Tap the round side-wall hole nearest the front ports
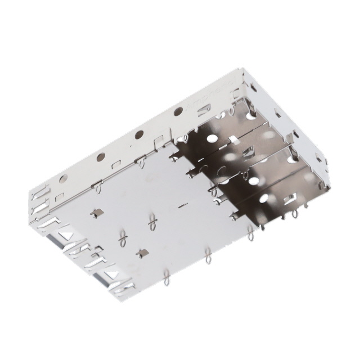(64, 178)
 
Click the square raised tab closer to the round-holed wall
(96, 212)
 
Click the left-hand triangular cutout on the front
(56, 241)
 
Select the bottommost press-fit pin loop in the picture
(166, 278)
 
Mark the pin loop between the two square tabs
(121, 239)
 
